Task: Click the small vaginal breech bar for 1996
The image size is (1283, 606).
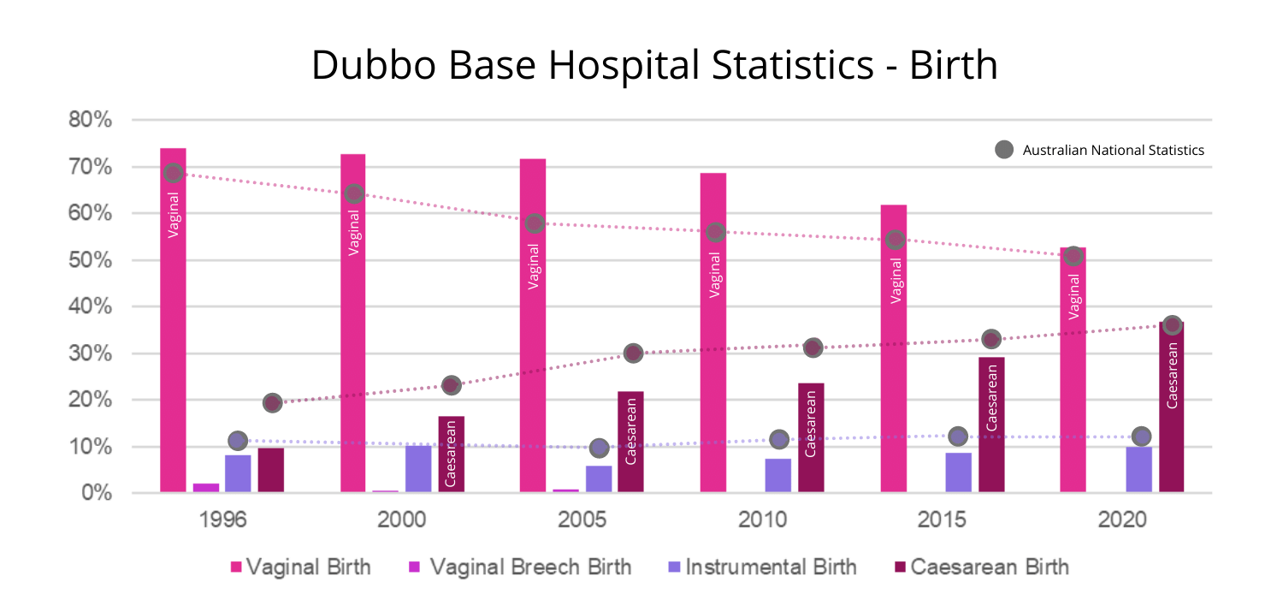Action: coord(206,488)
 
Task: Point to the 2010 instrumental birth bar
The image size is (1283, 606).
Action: coord(777,476)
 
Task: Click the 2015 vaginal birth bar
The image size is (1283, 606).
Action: coord(894,359)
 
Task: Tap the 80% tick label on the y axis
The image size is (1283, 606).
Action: coord(91,120)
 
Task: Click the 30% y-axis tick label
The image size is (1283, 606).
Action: coord(91,353)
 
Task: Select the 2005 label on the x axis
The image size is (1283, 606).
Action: coord(582,520)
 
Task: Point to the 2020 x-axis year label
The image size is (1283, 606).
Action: coord(1122,520)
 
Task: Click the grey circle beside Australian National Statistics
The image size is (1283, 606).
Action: coord(1004,150)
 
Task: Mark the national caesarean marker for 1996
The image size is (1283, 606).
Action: coord(272,403)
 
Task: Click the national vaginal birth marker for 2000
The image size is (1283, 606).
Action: coord(354,193)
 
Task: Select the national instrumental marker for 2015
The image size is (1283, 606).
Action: coord(958,437)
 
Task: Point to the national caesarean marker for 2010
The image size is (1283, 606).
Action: coord(813,348)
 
